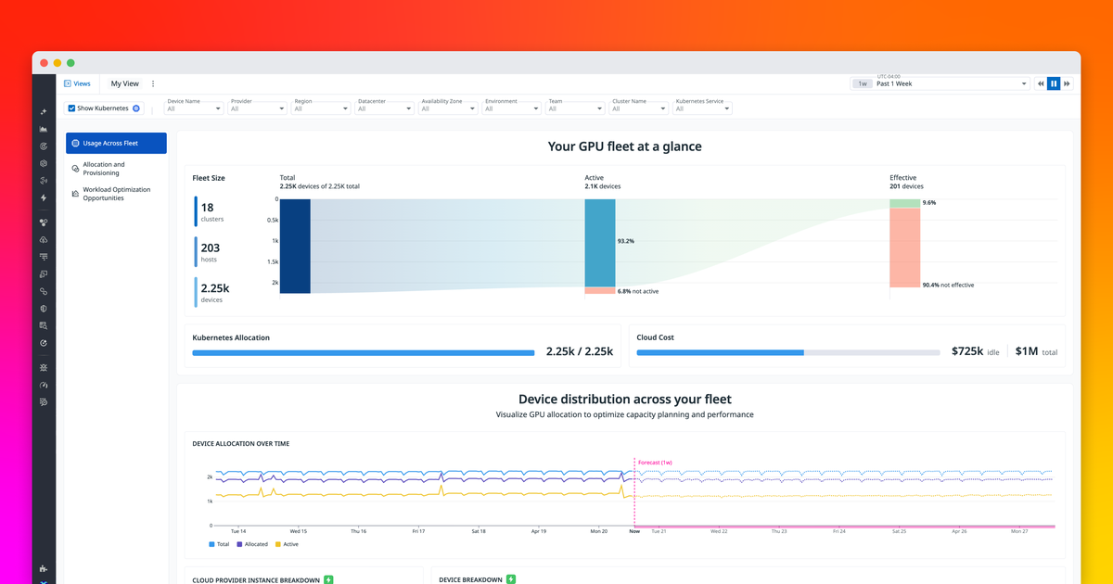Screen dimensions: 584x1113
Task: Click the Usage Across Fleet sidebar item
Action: [116, 143]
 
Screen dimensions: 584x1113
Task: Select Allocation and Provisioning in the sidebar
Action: [104, 169]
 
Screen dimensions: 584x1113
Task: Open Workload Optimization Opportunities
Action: [116, 194]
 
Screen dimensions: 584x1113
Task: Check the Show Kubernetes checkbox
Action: [72, 108]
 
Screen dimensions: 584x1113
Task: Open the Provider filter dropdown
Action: [258, 108]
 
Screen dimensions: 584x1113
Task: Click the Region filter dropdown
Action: [321, 108]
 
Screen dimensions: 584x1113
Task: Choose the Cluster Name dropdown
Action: [639, 108]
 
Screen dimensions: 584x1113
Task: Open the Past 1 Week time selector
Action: [952, 83]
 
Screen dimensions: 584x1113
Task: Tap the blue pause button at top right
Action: [1054, 83]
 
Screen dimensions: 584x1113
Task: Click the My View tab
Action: [124, 83]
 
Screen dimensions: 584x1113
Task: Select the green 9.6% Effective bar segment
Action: [904, 203]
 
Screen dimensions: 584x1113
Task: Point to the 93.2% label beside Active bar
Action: [625, 241]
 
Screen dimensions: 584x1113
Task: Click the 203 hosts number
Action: [211, 248]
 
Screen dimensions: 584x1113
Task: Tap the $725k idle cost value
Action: [967, 352]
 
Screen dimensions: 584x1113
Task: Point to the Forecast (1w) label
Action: [655, 462]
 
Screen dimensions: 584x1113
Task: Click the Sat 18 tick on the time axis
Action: [478, 531]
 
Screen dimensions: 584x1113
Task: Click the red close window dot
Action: [44, 62]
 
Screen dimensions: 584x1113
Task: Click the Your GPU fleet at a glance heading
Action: [624, 146]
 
